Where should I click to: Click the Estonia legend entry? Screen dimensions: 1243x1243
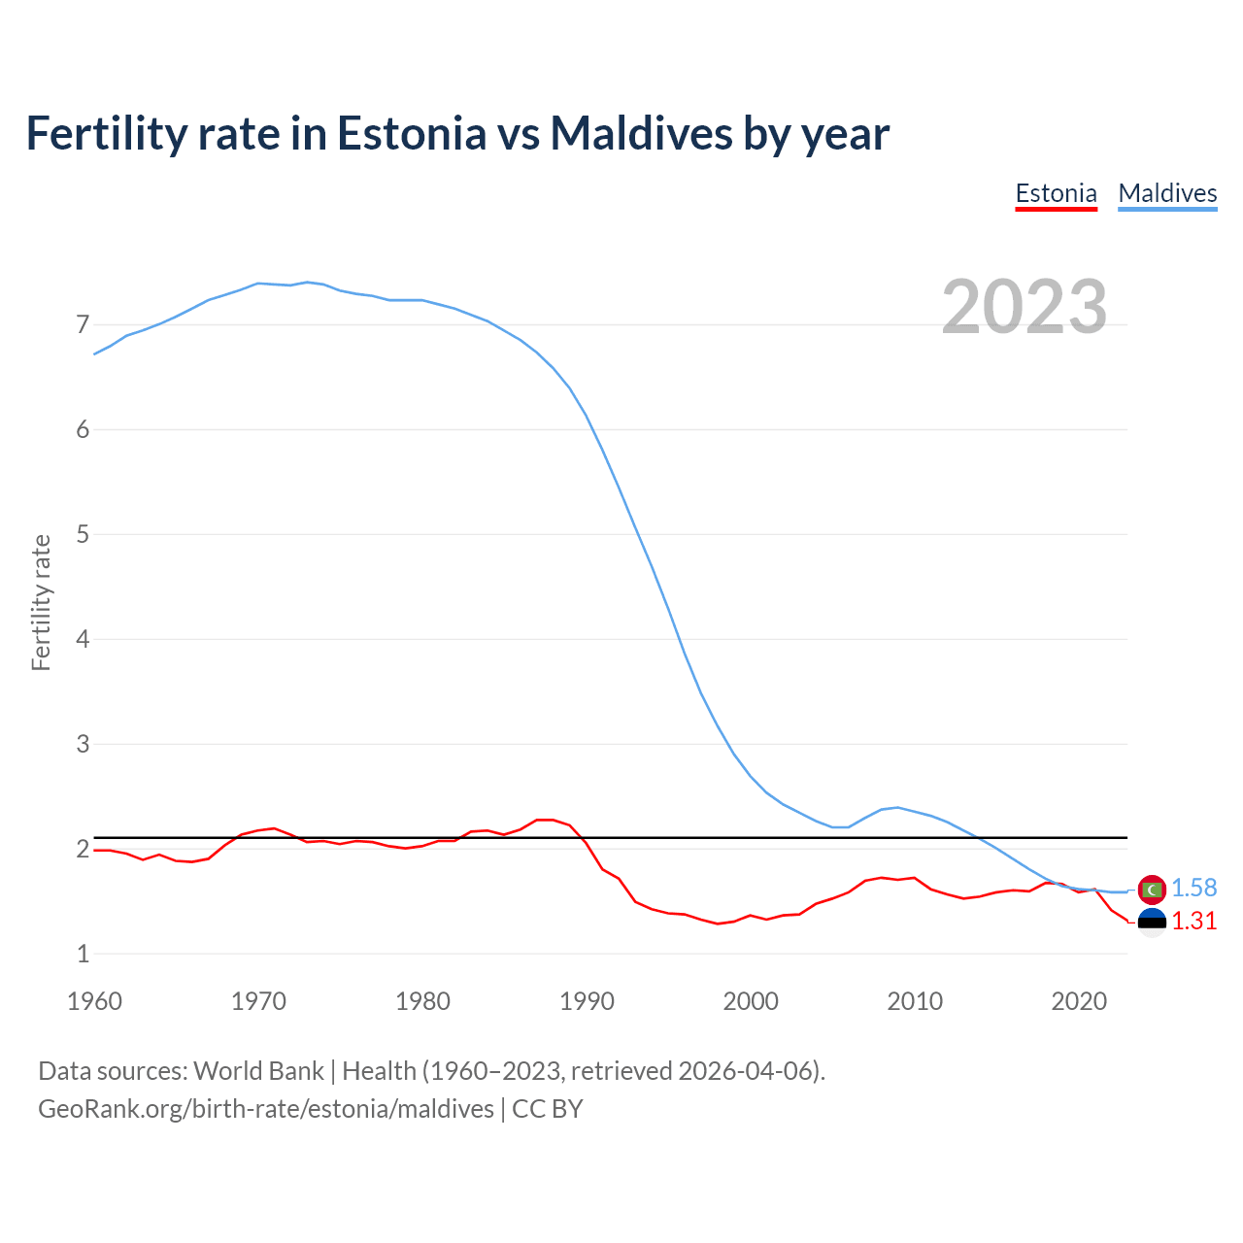1056,193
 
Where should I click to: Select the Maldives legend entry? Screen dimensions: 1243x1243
1167,193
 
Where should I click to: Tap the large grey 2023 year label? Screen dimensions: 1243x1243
1025,307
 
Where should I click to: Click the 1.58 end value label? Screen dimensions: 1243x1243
1193,888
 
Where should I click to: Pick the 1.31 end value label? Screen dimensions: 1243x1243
1193,921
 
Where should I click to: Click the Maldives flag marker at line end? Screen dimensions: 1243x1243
1152,889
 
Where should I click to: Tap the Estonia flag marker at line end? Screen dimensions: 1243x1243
1152,922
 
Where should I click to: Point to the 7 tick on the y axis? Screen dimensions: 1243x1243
83,324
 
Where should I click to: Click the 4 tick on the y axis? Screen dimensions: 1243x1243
83,639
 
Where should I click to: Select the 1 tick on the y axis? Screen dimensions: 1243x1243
83,954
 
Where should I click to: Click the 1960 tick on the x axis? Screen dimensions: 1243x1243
94,1001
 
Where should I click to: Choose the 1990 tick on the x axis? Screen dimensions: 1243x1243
587,1001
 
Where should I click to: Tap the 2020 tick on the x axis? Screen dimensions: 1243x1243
1079,1001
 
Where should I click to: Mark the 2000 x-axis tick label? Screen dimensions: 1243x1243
751,1001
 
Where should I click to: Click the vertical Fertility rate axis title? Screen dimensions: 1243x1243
41,602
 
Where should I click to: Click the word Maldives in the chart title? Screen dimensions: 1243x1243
641,133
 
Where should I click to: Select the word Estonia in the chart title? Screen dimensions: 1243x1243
411,133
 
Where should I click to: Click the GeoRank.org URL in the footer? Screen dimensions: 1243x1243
265,1109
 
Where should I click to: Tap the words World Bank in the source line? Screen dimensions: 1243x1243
258,1071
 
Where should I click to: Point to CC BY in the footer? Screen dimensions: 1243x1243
547,1109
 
